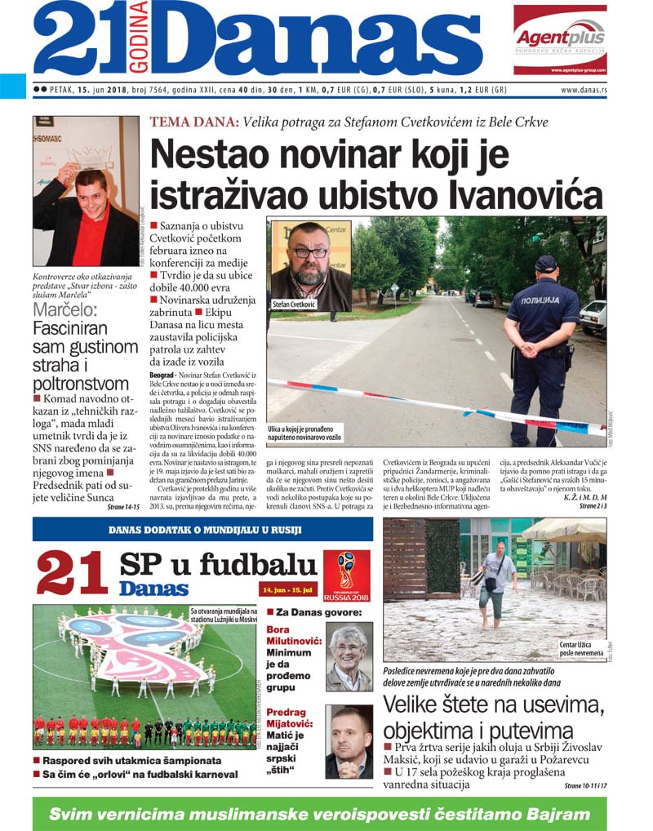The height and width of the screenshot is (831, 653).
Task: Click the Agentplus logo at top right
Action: pyautogui.click(x=560, y=38)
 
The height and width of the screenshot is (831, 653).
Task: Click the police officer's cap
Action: pyautogui.click(x=546, y=263)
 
